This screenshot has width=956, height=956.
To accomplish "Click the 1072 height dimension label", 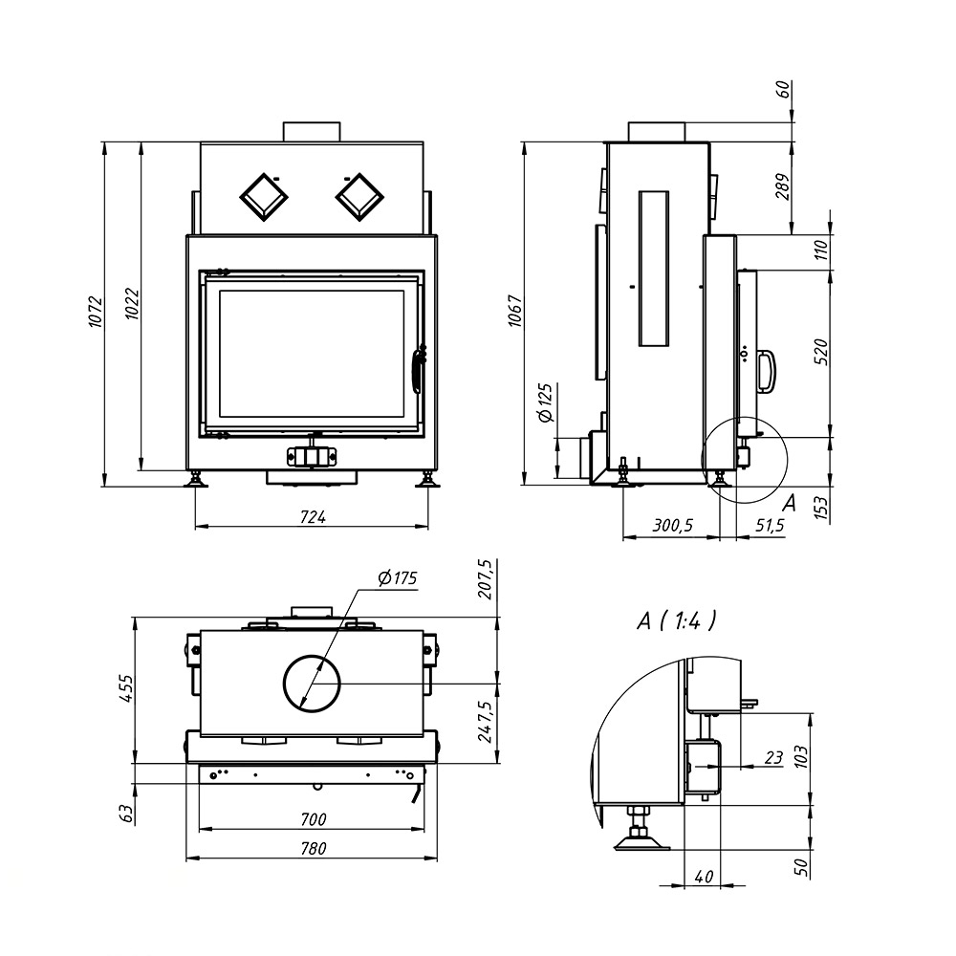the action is pyautogui.click(x=97, y=312).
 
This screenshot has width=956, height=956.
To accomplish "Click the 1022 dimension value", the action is pyautogui.click(x=132, y=304).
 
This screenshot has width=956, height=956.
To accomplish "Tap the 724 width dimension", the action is pyautogui.click(x=313, y=517).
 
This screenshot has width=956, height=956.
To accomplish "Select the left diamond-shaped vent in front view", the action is pyautogui.click(x=264, y=197).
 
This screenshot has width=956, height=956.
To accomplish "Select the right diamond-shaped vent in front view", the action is pyautogui.click(x=359, y=197).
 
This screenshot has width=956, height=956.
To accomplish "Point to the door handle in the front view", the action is pyautogui.click(x=419, y=369).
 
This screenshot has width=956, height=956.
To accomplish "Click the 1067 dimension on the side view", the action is pyautogui.click(x=516, y=311).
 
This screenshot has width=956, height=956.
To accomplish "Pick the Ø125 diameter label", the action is pyautogui.click(x=545, y=403).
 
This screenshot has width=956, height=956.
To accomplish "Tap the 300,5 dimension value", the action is pyautogui.click(x=672, y=525).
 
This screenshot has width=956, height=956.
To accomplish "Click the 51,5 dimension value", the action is pyautogui.click(x=770, y=525).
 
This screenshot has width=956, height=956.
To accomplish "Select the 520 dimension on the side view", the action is pyautogui.click(x=821, y=352).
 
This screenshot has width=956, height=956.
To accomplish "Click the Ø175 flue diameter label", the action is pyautogui.click(x=398, y=578).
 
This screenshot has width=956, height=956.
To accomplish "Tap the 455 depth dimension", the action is pyautogui.click(x=125, y=687).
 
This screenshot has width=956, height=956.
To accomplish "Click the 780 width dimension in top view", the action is pyautogui.click(x=313, y=848).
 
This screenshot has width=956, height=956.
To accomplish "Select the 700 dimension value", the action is pyautogui.click(x=313, y=819).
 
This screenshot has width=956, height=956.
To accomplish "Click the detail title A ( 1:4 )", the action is pyautogui.click(x=676, y=620).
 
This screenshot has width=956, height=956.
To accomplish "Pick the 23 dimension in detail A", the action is pyautogui.click(x=773, y=758).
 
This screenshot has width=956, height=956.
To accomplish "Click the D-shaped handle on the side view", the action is pyautogui.click(x=766, y=371).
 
